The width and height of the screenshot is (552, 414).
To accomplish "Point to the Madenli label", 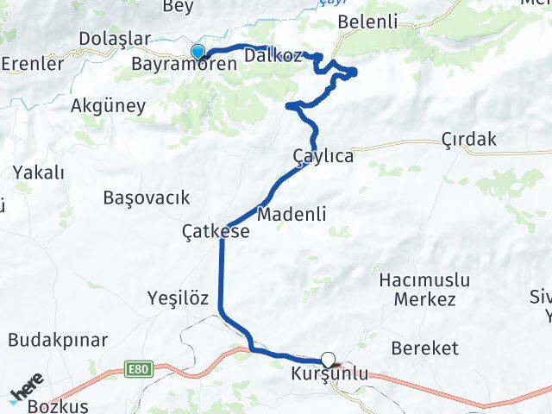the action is pyautogui.click(x=292, y=215).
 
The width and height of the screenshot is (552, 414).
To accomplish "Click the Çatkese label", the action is pyautogui.click(x=216, y=231).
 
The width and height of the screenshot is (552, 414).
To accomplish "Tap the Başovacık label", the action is pyautogui.click(x=146, y=198).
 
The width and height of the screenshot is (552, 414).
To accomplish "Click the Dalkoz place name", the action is pyautogui.click(x=273, y=56).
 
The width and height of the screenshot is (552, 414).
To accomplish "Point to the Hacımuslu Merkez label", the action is pyautogui.click(x=423, y=290).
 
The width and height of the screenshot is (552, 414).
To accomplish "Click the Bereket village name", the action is pyautogui.click(x=424, y=348).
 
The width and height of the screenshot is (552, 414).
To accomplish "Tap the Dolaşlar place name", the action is pyautogui.click(x=114, y=40).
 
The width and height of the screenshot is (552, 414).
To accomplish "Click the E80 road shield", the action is pyautogui.click(x=135, y=369).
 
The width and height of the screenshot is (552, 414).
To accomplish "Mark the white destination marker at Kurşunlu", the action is pyautogui.click(x=328, y=360).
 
